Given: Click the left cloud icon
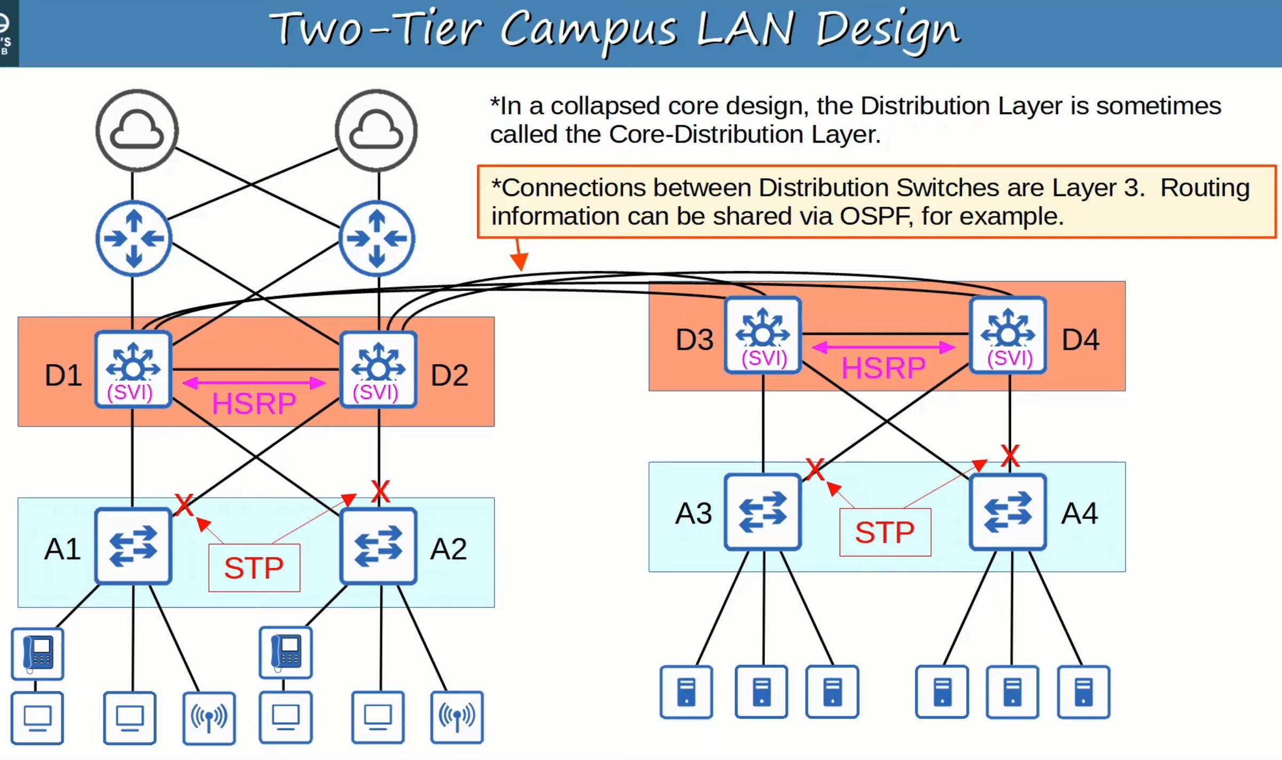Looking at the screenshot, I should [137, 130].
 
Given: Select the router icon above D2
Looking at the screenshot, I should [377, 238].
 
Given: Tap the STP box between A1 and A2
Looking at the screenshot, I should [254, 568].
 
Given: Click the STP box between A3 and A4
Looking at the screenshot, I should [885, 532].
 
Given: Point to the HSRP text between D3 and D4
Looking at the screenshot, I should [884, 368].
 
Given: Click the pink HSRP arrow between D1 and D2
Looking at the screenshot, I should [254, 383].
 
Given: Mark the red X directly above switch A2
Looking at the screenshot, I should [380, 491].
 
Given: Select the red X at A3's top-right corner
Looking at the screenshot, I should [815, 469].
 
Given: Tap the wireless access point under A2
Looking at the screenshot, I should [457, 718].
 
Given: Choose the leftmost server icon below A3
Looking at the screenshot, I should [686, 692].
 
